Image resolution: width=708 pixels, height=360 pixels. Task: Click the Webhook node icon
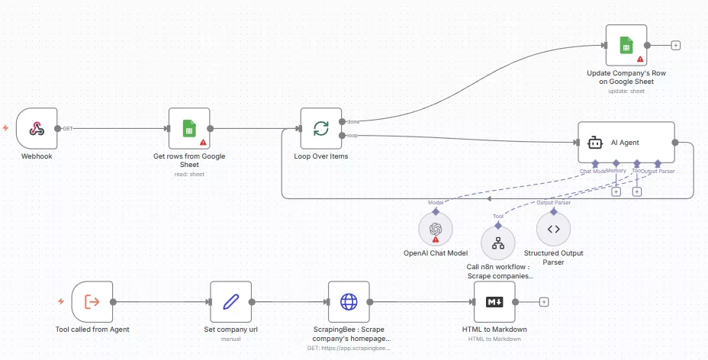pyautogui.click(x=37, y=128)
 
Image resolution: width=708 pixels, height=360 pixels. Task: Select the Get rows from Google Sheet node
pyautogui.click(x=189, y=128)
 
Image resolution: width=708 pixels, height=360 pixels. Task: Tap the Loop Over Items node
pyautogui.click(x=320, y=128)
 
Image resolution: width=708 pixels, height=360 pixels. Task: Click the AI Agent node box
pyautogui.click(x=626, y=142)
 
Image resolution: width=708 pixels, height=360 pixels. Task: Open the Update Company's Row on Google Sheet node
pyautogui.click(x=626, y=44)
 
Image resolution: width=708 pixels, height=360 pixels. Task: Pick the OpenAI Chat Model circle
pyautogui.click(x=436, y=228)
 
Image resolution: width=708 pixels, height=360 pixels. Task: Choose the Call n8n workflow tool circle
pyautogui.click(x=498, y=243)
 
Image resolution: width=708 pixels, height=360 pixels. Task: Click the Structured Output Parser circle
pyautogui.click(x=554, y=228)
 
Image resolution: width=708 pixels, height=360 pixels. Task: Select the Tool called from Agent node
pyautogui.click(x=92, y=301)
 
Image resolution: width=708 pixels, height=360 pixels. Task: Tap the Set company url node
pyautogui.click(x=230, y=301)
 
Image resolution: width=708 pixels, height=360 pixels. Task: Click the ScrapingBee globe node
pyautogui.click(x=349, y=301)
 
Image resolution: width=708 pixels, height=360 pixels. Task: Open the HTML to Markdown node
pyautogui.click(x=494, y=301)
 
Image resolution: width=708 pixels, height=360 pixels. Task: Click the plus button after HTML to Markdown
pyautogui.click(x=544, y=301)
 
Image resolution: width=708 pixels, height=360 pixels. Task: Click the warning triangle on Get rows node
pyautogui.click(x=203, y=143)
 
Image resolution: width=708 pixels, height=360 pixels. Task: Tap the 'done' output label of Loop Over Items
pyautogui.click(x=354, y=121)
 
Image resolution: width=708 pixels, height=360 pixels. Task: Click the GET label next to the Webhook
pyautogui.click(x=68, y=128)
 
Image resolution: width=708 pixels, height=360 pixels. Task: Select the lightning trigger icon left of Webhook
pyautogui.click(x=6, y=128)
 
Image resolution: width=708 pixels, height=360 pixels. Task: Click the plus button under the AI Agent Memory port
pyautogui.click(x=616, y=191)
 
